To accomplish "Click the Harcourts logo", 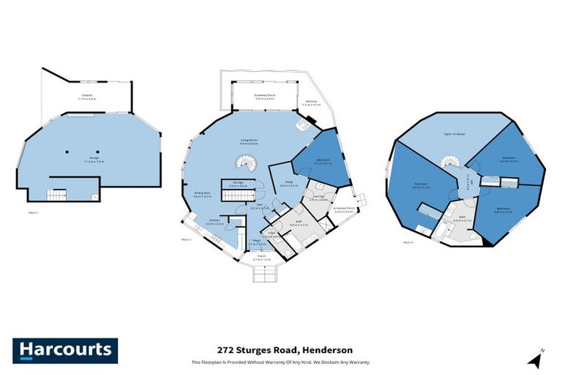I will (65, 349).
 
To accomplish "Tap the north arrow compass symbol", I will (537, 359).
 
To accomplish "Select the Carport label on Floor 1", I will (88, 96).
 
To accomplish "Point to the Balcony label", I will (310, 103).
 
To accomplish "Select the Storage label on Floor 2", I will (238, 184).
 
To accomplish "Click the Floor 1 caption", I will (32, 211).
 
